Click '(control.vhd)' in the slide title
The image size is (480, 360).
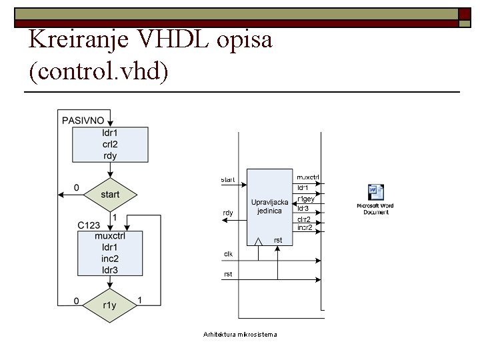click(x=99, y=71)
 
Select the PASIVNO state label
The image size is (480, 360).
click(x=83, y=121)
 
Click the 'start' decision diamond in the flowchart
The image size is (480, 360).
click(x=110, y=195)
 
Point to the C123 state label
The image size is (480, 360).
click(x=88, y=225)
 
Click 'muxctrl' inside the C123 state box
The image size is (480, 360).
click(x=110, y=236)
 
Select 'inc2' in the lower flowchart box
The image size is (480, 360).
click(x=110, y=259)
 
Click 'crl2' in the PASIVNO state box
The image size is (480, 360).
click(x=110, y=144)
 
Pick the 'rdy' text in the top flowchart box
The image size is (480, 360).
click(x=110, y=155)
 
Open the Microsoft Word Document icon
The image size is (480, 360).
click(x=375, y=199)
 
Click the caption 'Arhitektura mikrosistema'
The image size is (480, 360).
click(x=240, y=334)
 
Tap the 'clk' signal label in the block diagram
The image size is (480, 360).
click(x=228, y=254)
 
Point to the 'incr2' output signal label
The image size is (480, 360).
click(x=305, y=227)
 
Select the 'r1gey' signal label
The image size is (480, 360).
click(x=306, y=199)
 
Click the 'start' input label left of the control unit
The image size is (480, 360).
click(x=228, y=179)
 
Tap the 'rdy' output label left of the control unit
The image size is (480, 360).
click(x=228, y=213)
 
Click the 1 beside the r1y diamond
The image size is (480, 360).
click(x=139, y=301)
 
